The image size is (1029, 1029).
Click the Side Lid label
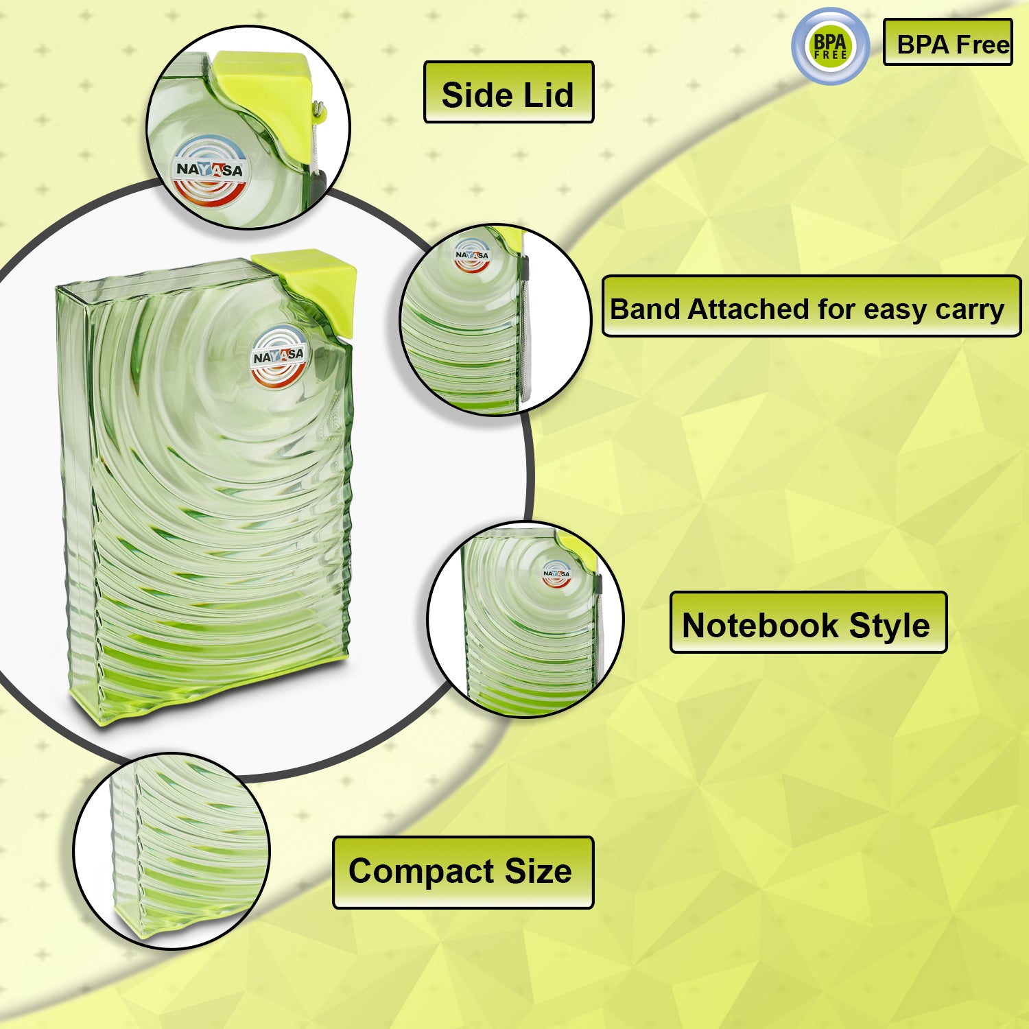point(508,93)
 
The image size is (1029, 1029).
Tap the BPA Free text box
point(947,43)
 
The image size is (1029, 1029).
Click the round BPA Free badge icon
point(830,46)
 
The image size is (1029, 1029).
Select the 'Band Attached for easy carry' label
point(811,307)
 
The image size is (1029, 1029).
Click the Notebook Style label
point(807,623)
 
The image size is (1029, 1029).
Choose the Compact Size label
point(462,872)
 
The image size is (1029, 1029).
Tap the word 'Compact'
point(421,873)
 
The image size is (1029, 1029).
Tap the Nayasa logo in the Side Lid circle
point(210,170)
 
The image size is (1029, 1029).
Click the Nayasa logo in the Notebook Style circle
point(556,573)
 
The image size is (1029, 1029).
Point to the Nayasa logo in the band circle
point(472,255)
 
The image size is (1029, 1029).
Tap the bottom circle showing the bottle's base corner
point(171,851)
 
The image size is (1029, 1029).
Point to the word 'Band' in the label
point(645,309)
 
